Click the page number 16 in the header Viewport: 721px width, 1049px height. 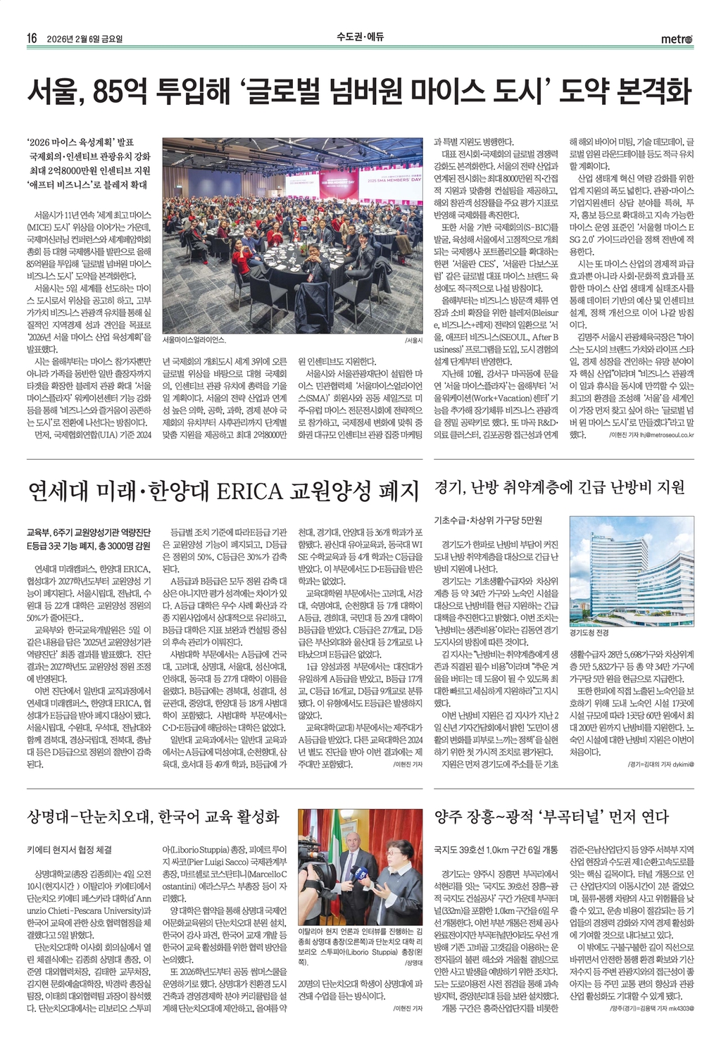pyautogui.click(x=32, y=38)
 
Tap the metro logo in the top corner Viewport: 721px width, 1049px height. pyautogui.click(x=676, y=39)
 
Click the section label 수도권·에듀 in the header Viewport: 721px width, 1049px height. pyautogui.click(x=360, y=37)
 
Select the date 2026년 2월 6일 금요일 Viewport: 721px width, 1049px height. pyautogui.click(x=89, y=39)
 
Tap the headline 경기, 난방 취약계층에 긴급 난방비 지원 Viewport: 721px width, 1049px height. pyautogui.click(x=560, y=487)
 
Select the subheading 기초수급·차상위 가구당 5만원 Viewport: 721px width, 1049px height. pyautogui.click(x=488, y=520)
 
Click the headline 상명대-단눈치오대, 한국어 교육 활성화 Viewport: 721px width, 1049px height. pyautogui.click(x=153, y=816)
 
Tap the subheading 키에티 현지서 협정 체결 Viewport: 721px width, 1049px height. pyautogui.click(x=69, y=850)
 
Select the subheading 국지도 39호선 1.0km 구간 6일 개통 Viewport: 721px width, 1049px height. pyautogui.click(x=496, y=850)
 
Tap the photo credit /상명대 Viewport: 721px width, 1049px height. pyautogui.click(x=413, y=962)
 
